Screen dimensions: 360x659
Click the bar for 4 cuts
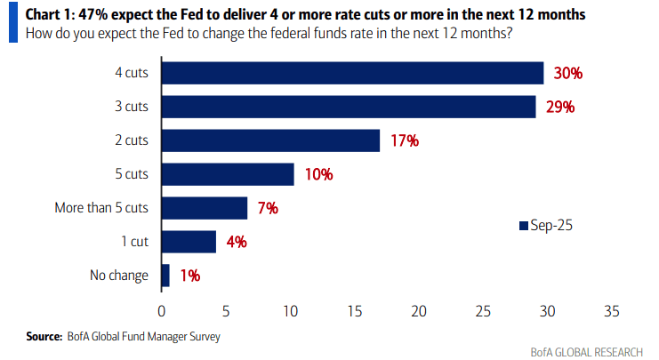(352, 73)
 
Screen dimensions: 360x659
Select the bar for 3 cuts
(348, 107)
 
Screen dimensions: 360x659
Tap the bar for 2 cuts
(270, 140)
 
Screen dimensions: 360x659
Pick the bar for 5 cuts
(228, 174)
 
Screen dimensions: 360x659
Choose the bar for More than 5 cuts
(205, 208)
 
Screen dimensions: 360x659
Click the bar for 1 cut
(189, 242)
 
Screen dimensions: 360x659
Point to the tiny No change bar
(165, 276)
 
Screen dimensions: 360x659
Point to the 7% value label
(268, 208)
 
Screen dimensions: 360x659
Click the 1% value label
(189, 276)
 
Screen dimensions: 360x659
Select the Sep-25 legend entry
(546, 226)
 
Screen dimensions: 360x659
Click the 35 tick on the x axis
(611, 312)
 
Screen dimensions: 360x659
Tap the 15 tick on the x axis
(354, 312)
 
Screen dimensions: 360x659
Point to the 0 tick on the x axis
(161, 312)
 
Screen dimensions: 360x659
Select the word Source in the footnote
(44, 337)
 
